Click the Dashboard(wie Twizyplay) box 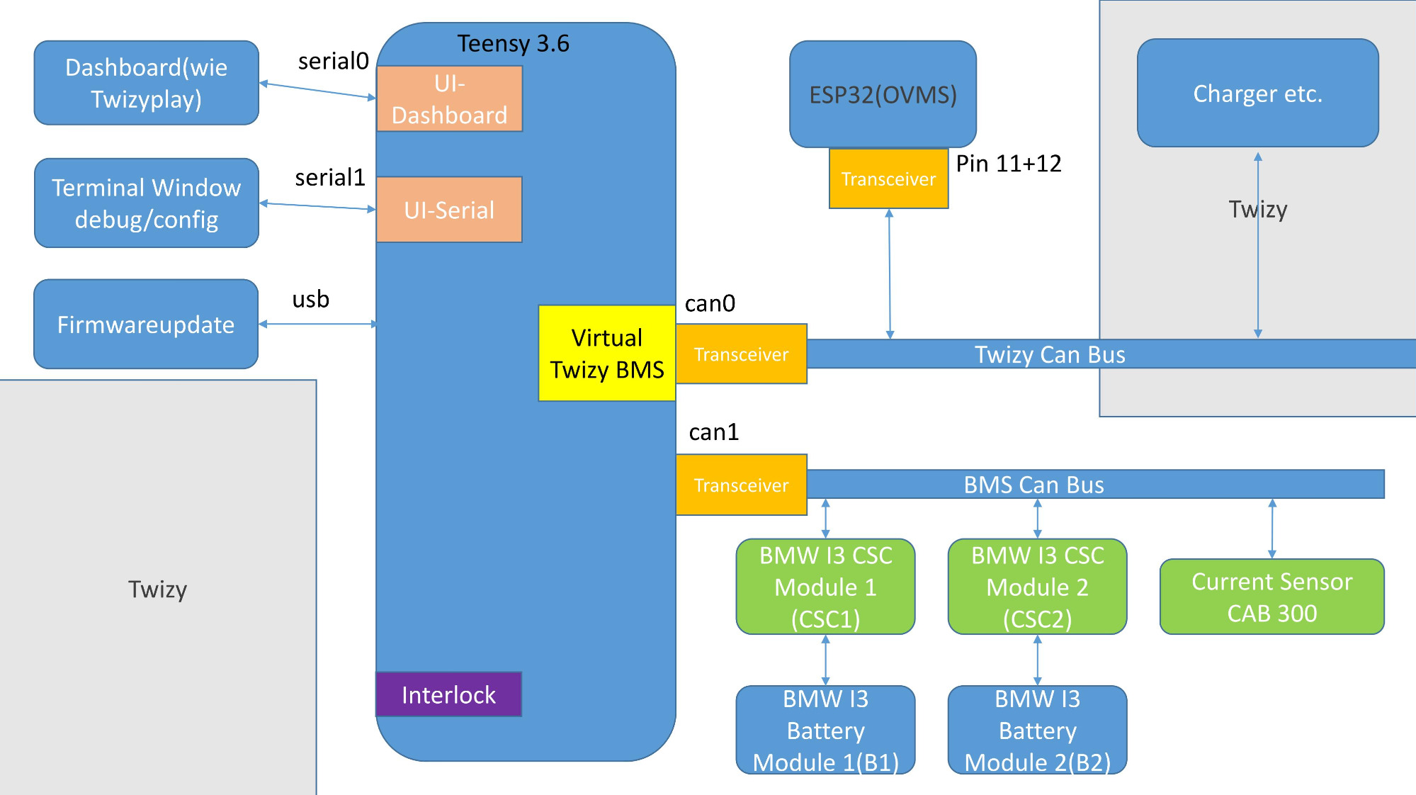(146, 83)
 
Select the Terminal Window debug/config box (146, 203)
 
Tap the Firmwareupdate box (146, 325)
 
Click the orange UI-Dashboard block (449, 99)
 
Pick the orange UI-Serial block (449, 210)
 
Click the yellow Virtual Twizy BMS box (607, 354)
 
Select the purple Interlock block (448, 694)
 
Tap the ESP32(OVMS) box (883, 94)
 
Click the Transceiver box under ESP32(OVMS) (888, 179)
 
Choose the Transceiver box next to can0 (741, 354)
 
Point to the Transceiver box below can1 (741, 485)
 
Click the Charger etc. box (1257, 94)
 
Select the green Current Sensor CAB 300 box (1271, 597)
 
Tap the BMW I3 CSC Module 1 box (825, 587)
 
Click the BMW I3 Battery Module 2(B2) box (1037, 730)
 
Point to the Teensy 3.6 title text (513, 43)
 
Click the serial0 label (333, 62)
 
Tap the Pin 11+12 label (1008, 164)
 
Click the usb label (310, 299)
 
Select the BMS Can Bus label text (1033, 485)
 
